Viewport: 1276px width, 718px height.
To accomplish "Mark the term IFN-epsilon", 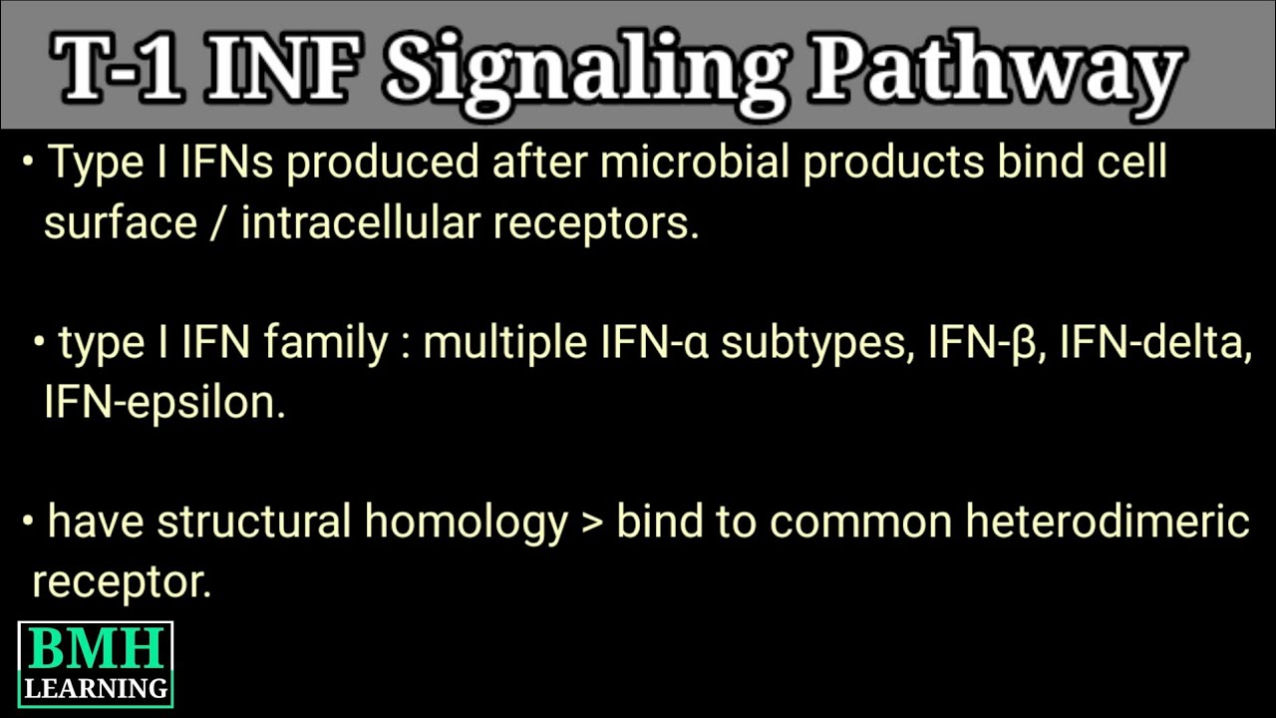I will pos(163,403).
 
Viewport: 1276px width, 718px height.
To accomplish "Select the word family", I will pos(326,344).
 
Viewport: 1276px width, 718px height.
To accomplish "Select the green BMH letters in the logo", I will pos(96,651).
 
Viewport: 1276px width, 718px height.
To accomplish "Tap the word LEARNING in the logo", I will pos(96,688).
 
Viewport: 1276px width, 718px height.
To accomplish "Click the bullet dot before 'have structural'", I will pos(29,521).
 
